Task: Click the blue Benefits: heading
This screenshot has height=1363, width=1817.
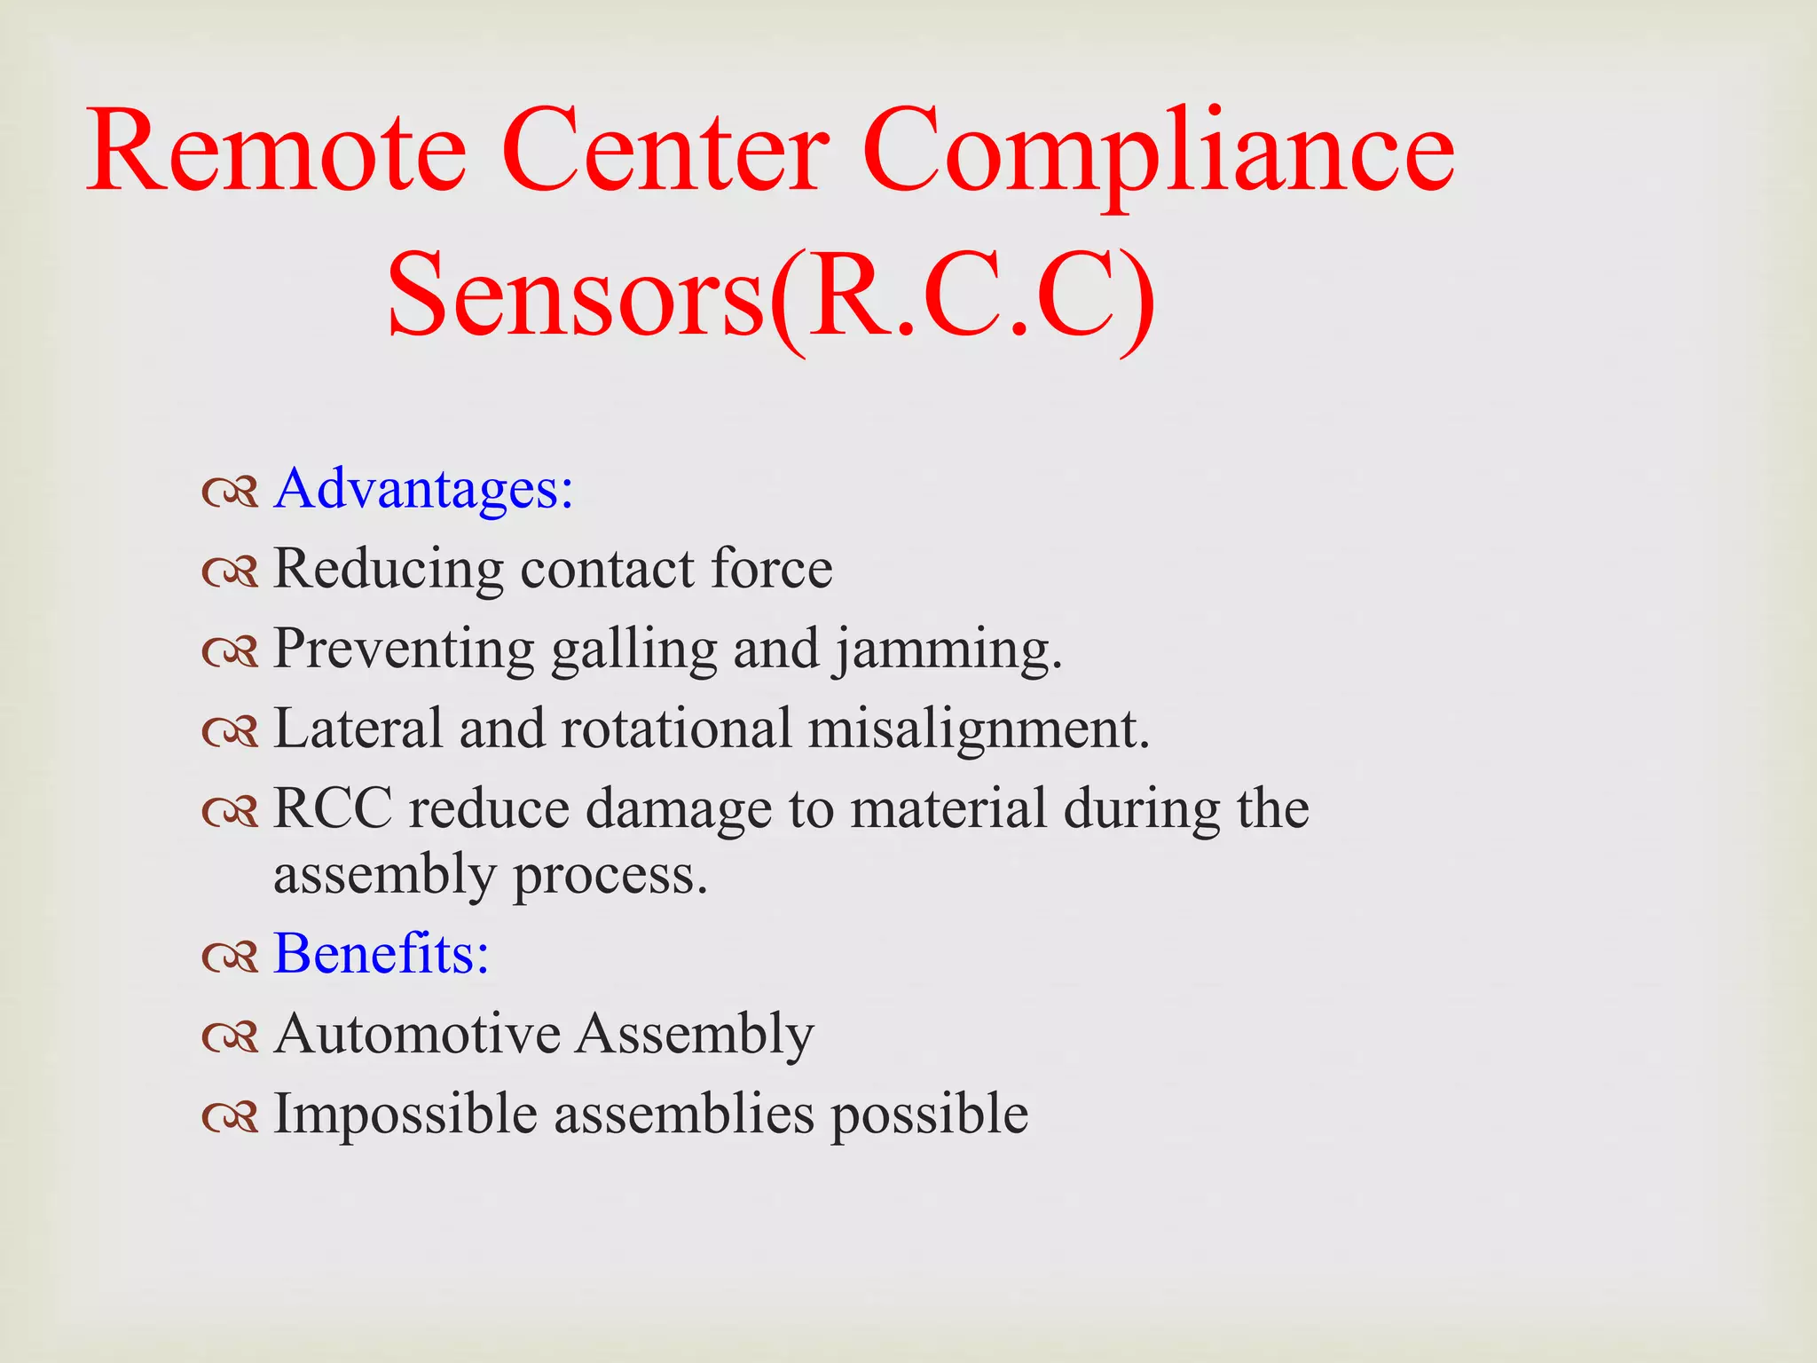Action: pyautogui.click(x=381, y=954)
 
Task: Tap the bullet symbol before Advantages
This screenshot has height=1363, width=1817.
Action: pyautogui.click(x=230, y=491)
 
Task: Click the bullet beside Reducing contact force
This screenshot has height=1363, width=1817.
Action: pyautogui.click(x=230, y=571)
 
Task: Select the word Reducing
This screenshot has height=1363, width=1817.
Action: pyautogui.click(x=388, y=569)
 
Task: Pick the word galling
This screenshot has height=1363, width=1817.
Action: pyautogui.click(x=633, y=650)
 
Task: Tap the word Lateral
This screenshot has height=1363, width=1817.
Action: pyautogui.click(x=358, y=729)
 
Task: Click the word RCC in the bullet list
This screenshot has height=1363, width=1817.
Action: pyautogui.click(x=333, y=808)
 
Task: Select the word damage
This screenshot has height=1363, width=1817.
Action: pyautogui.click(x=679, y=810)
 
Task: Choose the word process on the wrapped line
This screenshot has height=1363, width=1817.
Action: pyautogui.click(x=610, y=877)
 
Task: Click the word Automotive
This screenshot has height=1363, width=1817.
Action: pyautogui.click(x=417, y=1034)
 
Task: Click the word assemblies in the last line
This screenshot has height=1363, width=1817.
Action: pyautogui.click(x=684, y=1114)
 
